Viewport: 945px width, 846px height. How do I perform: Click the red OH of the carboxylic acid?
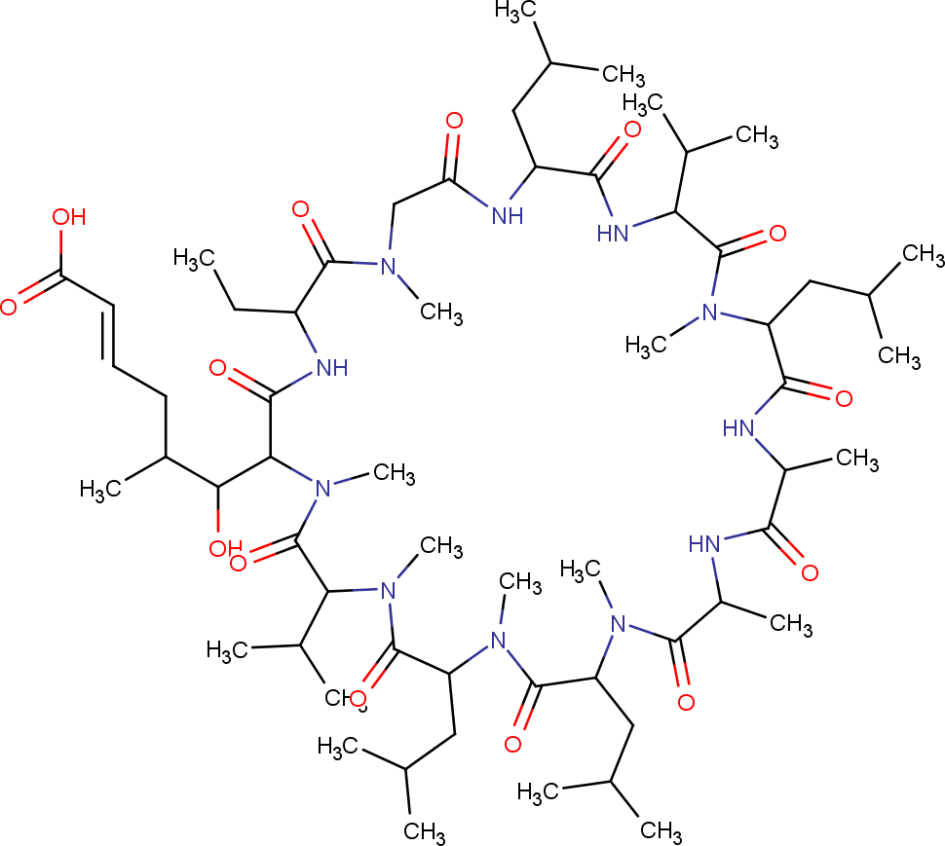69,217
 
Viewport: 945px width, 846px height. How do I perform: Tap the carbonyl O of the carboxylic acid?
9,308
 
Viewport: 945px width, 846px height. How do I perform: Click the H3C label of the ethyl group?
194,258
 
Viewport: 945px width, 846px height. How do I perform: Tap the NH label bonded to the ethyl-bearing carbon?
326,367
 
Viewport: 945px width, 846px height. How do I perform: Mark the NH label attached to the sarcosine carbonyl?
507,214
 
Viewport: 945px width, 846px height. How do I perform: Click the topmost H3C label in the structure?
516,11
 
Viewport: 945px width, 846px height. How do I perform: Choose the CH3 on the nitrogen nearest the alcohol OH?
395,473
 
